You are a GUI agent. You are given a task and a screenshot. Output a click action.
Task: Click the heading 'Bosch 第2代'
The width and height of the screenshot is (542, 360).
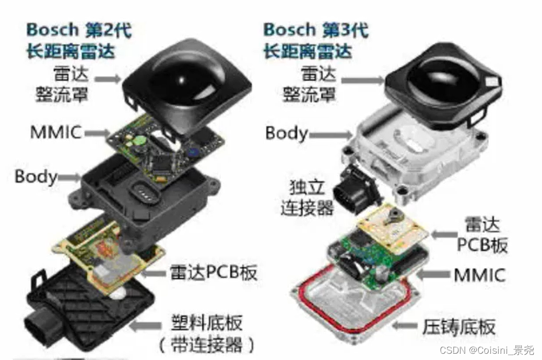(78, 30)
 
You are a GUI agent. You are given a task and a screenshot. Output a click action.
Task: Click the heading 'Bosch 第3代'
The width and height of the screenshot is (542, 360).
(315, 30)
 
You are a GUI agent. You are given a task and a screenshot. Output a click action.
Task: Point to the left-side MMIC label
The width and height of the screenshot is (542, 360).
(56, 132)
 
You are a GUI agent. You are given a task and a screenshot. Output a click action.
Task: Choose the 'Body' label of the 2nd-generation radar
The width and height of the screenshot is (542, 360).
(35, 176)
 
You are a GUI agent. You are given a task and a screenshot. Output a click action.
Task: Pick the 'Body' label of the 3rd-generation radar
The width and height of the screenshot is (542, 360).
(286, 133)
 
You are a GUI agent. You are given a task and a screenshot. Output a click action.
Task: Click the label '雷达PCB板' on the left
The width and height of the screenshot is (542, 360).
(213, 272)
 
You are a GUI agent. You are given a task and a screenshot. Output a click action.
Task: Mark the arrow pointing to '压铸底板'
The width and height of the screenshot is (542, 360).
(406, 327)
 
